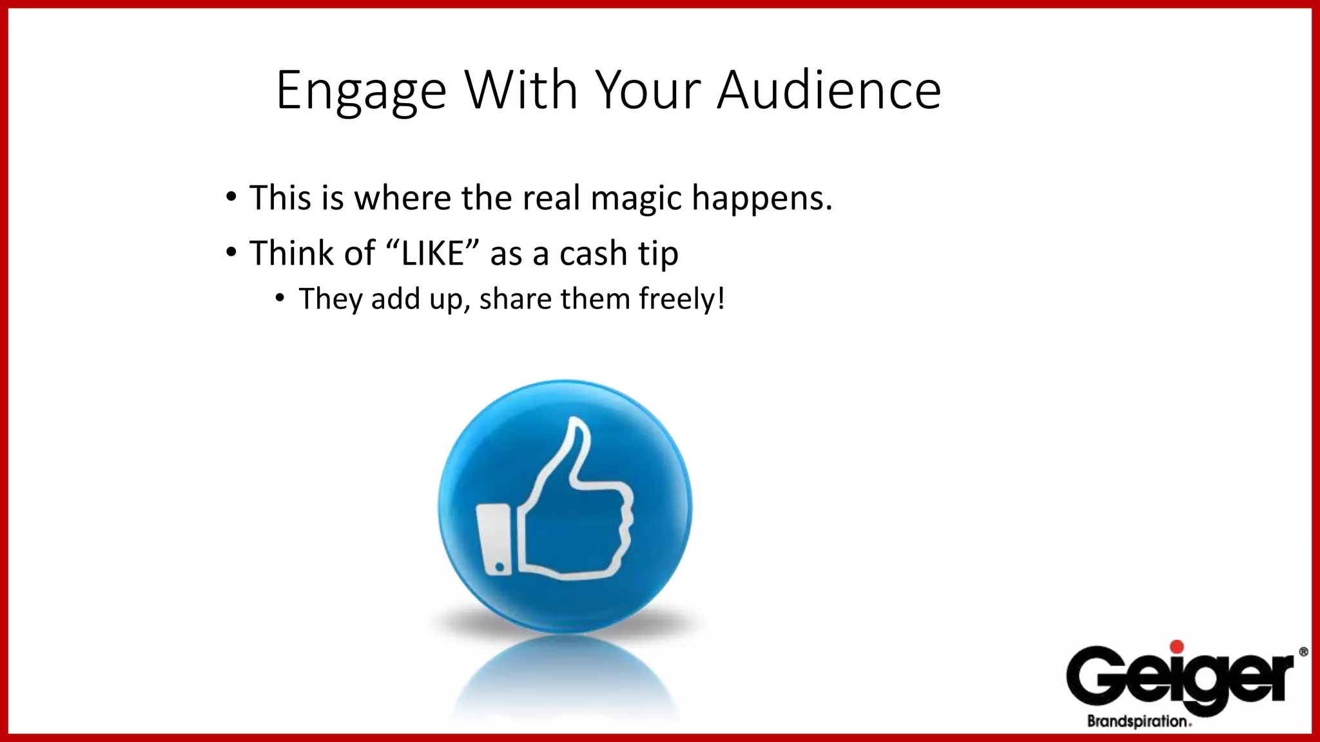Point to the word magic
click(636, 198)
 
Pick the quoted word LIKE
click(432, 253)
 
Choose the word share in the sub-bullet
click(515, 299)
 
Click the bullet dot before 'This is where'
click(231, 196)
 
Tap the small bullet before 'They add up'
click(279, 298)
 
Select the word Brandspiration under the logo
click(1138, 721)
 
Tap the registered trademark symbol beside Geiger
click(1303, 652)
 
